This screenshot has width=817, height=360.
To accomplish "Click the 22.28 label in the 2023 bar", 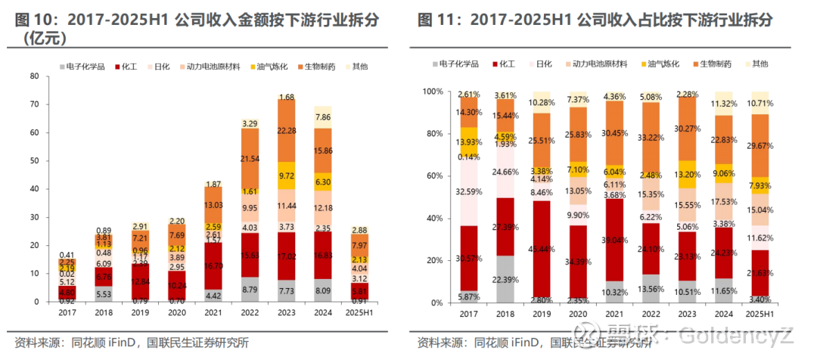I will tap(287, 131).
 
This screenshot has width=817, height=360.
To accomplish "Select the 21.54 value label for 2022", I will tap(250, 159).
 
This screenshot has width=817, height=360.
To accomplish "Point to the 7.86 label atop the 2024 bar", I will tap(323, 117).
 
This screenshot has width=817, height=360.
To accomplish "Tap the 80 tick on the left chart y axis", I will tap(35, 76).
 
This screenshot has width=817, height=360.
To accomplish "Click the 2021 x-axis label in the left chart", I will tap(213, 312).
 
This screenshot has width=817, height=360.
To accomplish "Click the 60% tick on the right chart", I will tap(433, 175).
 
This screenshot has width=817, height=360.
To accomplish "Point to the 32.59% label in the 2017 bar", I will tap(469, 191).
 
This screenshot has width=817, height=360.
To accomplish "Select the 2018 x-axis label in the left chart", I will tap(104, 312).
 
